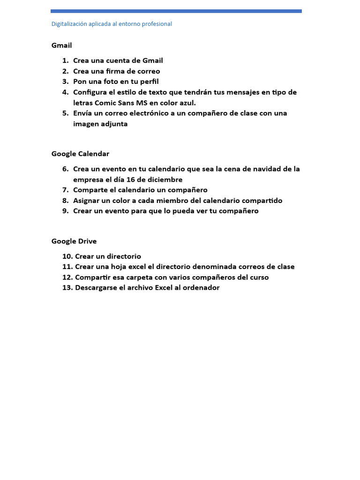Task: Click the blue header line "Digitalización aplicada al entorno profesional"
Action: click(x=112, y=24)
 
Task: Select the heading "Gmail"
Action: click(x=61, y=45)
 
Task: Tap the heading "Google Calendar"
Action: click(x=80, y=154)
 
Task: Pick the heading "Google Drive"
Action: click(x=74, y=241)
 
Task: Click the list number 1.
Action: click(x=65, y=60)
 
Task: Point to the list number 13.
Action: click(x=67, y=288)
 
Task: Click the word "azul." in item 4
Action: click(x=187, y=103)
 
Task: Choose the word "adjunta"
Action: click(x=112, y=124)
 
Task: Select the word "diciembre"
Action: click(x=165, y=180)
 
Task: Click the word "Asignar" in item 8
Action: click(x=88, y=201)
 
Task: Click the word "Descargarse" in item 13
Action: click(x=96, y=288)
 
